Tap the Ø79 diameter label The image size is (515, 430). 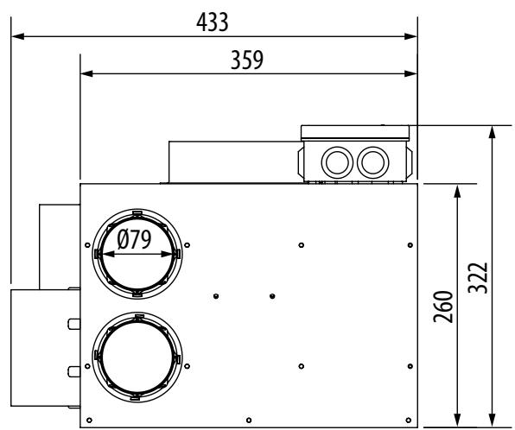coord(137,239)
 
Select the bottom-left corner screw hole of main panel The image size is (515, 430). coord(91,422)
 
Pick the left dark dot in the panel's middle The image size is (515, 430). coord(215,295)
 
